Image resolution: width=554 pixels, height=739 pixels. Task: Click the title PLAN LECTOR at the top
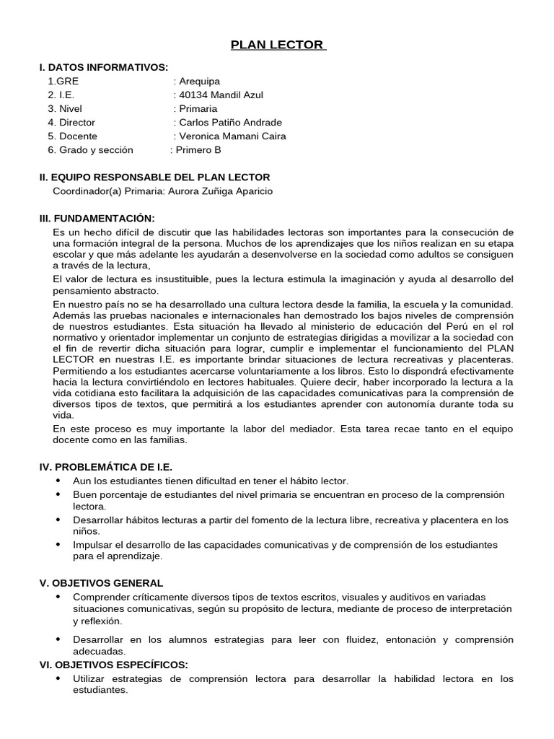click(278, 45)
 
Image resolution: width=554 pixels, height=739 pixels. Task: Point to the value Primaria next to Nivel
click(198, 108)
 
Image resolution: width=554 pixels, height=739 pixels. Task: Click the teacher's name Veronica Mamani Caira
click(232, 136)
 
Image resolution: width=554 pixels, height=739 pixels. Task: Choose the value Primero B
click(198, 150)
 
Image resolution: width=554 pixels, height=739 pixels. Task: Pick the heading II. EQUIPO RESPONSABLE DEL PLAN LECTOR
click(154, 177)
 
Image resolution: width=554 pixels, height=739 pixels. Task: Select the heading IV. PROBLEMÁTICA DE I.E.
click(105, 467)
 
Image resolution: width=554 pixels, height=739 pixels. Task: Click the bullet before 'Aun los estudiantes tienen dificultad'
click(58, 481)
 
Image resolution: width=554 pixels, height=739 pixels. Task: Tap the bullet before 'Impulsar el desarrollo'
click(58, 544)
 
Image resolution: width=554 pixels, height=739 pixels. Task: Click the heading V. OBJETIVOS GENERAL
click(101, 582)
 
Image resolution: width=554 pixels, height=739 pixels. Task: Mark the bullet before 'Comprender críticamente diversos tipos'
click(58, 597)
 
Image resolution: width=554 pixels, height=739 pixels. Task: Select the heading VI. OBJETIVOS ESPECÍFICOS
click(113, 664)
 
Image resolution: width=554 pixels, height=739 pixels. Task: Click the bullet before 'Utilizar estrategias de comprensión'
click(58, 679)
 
